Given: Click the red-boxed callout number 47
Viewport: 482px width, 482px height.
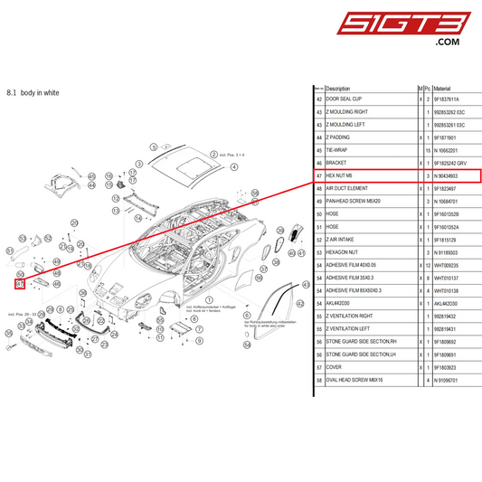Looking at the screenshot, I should point(20,284).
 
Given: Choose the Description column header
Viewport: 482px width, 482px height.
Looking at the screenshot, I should point(338,89).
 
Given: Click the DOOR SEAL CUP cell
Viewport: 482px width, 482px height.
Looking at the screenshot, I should point(344,99).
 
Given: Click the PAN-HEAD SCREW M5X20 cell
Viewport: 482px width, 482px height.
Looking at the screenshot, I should point(352,201).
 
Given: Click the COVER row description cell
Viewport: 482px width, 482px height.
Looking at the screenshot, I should point(334,368).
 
